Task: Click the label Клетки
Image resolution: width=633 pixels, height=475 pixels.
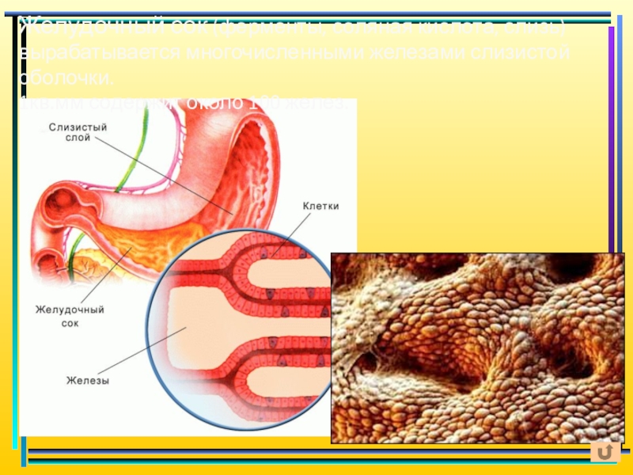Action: (x=320, y=206)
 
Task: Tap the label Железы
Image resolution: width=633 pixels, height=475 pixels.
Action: (x=87, y=381)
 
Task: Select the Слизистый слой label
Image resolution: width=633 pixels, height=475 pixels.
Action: (x=77, y=131)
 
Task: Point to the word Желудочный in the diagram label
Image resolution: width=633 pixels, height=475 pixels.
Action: (x=70, y=310)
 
